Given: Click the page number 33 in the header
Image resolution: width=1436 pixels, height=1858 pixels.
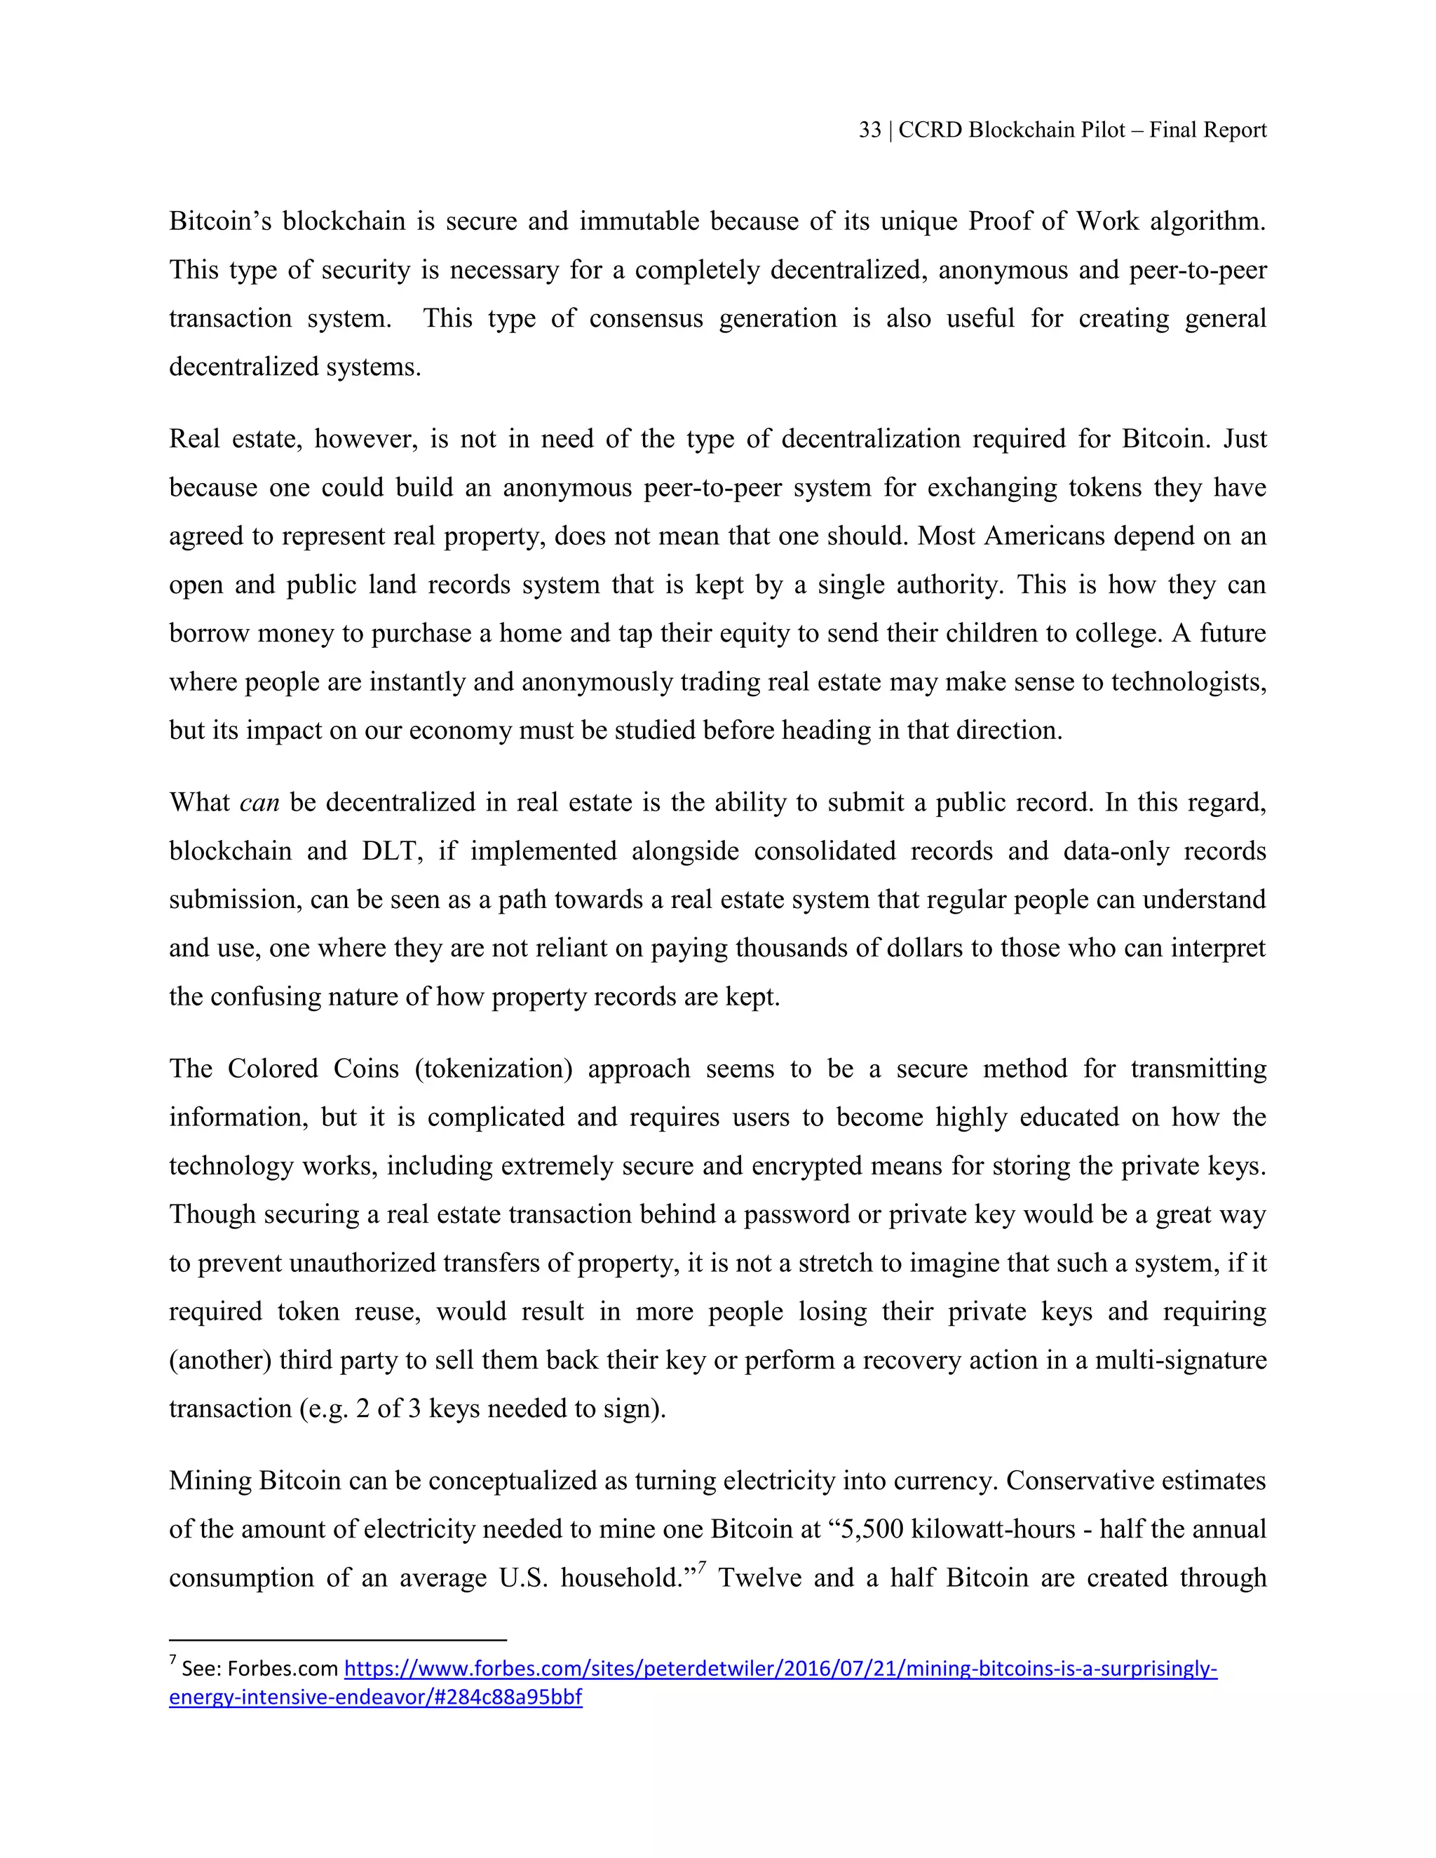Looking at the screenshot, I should pyautogui.click(x=869, y=130).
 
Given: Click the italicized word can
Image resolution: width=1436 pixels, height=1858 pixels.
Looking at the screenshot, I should pyautogui.click(x=259, y=803).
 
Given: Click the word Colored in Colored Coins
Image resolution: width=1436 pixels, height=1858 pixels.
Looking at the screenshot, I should pyautogui.click(x=272, y=1069).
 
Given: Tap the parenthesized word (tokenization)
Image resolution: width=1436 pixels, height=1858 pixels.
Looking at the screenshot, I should pyautogui.click(x=494, y=1069).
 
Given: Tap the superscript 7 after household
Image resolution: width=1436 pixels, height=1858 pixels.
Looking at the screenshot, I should pyautogui.click(x=703, y=1564).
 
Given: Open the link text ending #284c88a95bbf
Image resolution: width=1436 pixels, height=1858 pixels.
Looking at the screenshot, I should pyautogui.click(x=375, y=1698).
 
